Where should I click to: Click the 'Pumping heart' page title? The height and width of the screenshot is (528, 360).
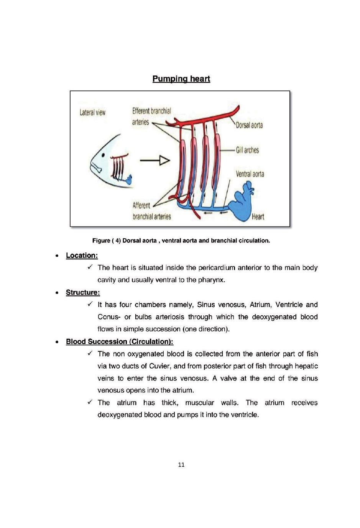[x=181, y=79]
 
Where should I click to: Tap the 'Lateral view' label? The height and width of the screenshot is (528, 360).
[x=92, y=112]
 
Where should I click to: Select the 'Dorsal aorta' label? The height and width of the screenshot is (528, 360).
[x=249, y=125]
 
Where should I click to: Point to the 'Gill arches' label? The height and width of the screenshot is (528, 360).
[x=247, y=150]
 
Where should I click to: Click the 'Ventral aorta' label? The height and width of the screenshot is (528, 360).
[x=250, y=174]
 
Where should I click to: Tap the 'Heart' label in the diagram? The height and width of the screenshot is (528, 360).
[x=258, y=216]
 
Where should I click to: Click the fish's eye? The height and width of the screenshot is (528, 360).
[x=103, y=155]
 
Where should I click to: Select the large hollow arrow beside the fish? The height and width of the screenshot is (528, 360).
[x=155, y=161]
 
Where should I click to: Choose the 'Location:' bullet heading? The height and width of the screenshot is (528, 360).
[x=82, y=256]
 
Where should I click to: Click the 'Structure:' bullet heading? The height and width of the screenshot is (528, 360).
[x=83, y=292]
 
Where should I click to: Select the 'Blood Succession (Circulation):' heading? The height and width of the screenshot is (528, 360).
[x=120, y=341]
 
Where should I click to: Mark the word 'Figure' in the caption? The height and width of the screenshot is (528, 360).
[x=101, y=241]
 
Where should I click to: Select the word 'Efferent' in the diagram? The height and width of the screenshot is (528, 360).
[x=141, y=111]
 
